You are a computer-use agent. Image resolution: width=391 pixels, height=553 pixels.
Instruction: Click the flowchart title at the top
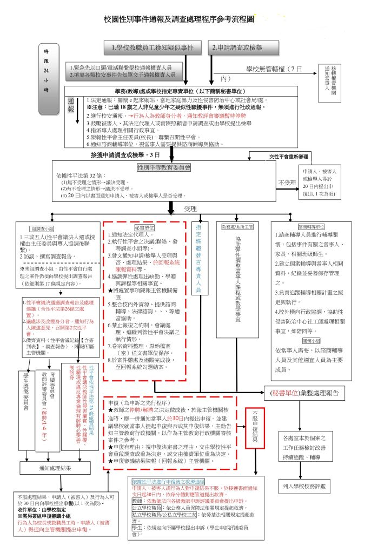click(179, 19)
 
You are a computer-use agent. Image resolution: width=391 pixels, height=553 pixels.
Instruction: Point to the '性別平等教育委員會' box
click(164, 168)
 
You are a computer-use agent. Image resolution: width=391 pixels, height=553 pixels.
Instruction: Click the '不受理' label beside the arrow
click(287, 183)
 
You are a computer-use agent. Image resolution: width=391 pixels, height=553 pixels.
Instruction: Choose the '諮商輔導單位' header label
click(312, 227)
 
